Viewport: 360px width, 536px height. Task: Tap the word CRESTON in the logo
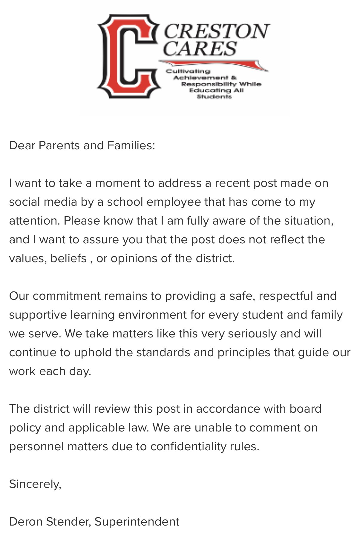point(216,31)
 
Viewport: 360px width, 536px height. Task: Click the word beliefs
point(68,258)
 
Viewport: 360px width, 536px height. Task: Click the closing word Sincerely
point(35,484)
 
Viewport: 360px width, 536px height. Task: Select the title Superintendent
point(137,522)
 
